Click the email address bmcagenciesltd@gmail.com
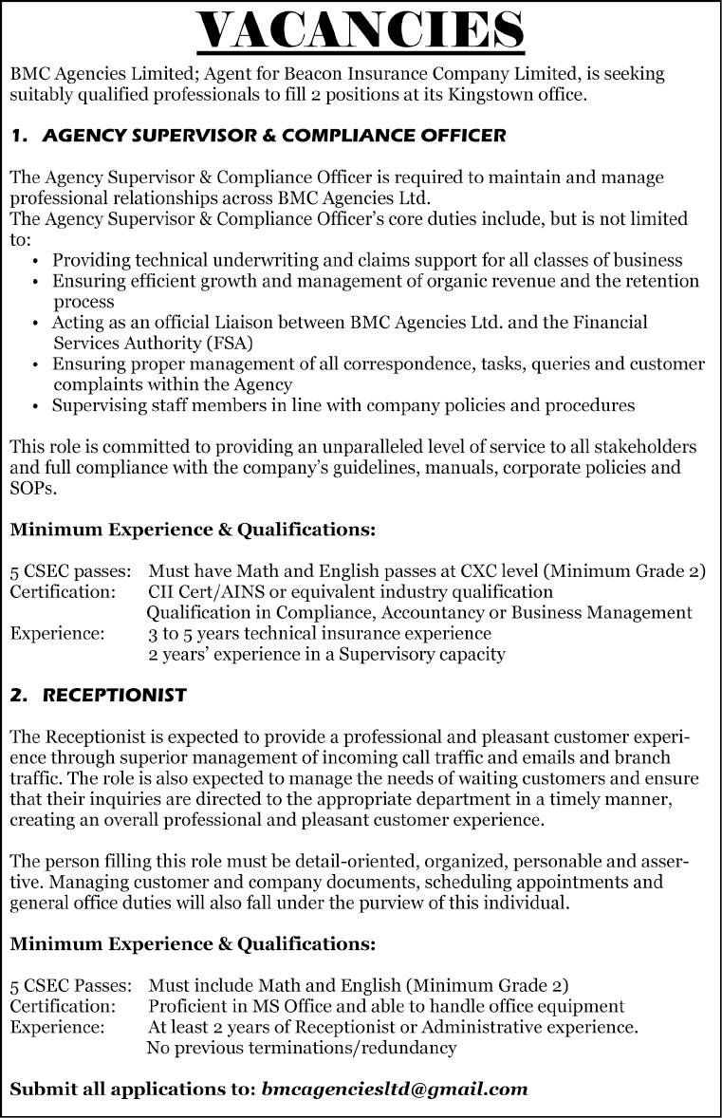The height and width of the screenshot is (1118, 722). click(x=394, y=1089)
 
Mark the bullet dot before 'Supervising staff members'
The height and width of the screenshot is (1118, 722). click(x=35, y=406)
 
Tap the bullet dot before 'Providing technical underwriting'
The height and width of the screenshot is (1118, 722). click(x=35, y=260)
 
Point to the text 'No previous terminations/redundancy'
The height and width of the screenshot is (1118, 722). click(x=302, y=1048)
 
